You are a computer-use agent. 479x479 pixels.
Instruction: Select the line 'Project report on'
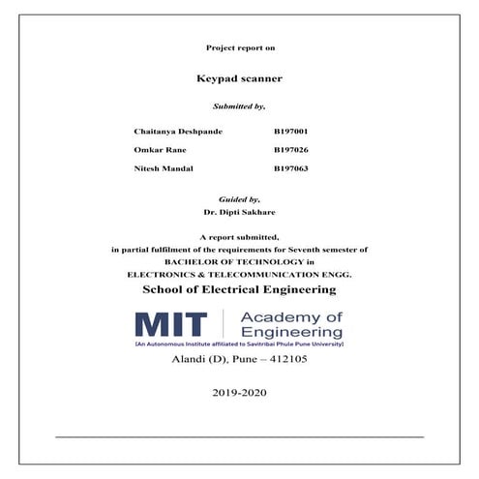pos(239,47)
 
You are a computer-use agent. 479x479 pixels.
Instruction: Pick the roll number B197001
pos(291,130)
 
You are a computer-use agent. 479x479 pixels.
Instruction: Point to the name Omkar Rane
pos(159,150)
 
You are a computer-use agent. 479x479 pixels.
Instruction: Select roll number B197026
pos(291,150)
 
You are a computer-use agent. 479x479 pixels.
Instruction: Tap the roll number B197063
pos(291,169)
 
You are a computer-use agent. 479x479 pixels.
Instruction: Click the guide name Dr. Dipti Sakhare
pos(239,210)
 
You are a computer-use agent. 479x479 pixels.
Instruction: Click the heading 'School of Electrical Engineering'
pos(239,289)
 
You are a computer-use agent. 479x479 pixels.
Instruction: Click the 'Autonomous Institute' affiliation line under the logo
pos(239,344)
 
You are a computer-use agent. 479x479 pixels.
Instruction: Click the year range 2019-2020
pos(239,393)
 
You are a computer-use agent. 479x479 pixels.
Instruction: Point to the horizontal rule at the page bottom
pos(239,436)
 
